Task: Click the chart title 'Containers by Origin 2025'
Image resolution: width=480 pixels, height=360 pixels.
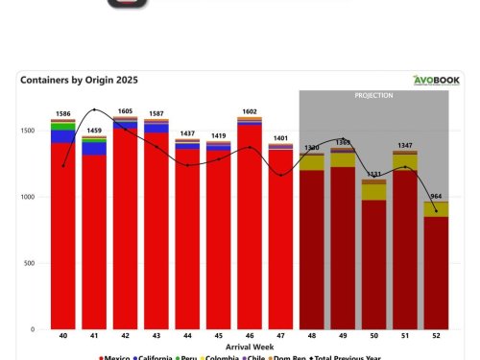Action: (79, 81)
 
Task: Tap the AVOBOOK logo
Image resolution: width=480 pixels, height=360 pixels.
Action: (438, 81)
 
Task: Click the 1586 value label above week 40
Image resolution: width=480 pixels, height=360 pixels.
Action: (63, 114)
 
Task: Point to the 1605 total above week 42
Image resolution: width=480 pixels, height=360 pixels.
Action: (126, 111)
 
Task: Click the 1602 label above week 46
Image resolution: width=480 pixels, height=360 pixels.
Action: (250, 111)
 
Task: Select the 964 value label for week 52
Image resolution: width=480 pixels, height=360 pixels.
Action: (436, 197)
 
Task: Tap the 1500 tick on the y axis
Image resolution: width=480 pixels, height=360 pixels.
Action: (34, 131)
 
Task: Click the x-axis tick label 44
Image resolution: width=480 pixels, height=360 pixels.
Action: (187, 337)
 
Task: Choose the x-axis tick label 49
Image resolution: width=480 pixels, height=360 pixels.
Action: (343, 337)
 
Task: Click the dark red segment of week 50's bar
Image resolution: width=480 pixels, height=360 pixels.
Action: (373, 264)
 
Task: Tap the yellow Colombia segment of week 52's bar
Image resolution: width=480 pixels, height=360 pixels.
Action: (436, 209)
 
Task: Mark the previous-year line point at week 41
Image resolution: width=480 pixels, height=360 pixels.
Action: (94, 110)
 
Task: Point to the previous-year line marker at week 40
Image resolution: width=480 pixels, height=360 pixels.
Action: (63, 166)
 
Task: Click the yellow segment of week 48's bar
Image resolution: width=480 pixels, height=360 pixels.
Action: (312, 162)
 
